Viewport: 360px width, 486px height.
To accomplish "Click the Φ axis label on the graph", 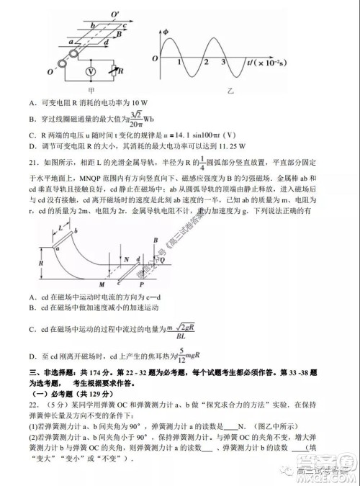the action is tap(165, 31).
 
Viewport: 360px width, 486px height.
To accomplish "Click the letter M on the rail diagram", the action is tap(84, 283).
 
